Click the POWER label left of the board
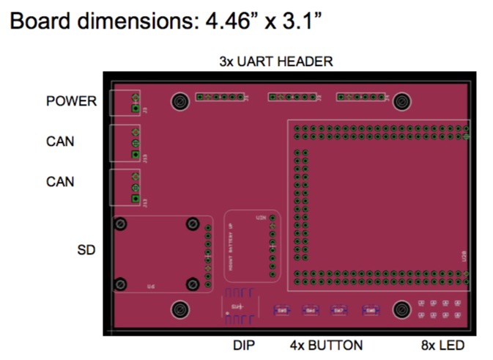click(71, 101)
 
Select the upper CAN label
click(60, 141)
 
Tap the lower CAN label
click(60, 181)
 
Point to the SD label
click(86, 250)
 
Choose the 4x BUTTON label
click(327, 345)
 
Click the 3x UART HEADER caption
click(276, 62)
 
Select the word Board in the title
click(39, 23)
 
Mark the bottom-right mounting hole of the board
click(401, 310)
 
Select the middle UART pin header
click(292, 97)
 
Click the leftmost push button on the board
click(283, 310)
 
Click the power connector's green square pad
click(135, 109)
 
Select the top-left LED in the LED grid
click(422, 303)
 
